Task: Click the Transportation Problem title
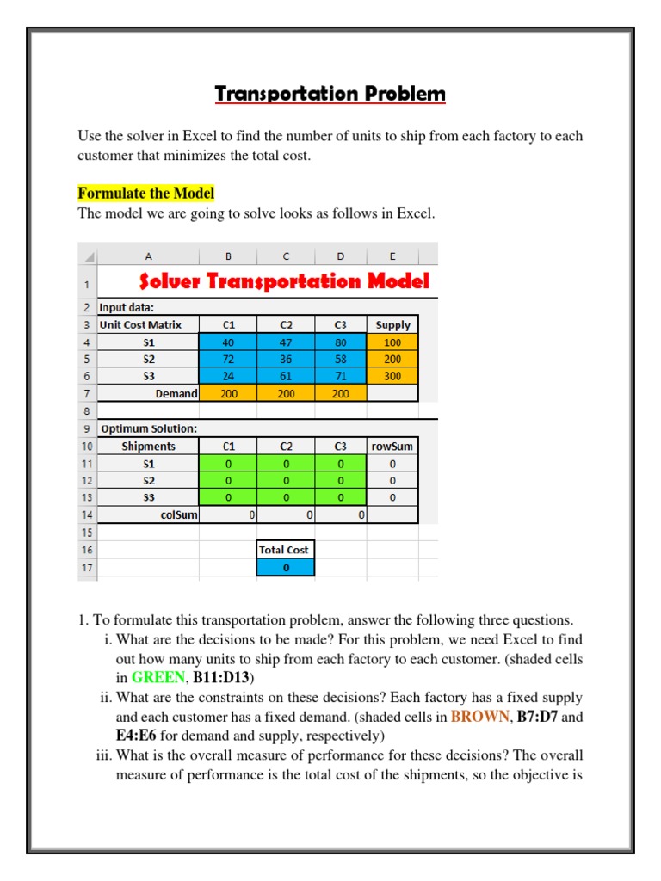(330, 94)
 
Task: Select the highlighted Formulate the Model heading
(145, 193)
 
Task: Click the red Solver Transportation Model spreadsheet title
(284, 281)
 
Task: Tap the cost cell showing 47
(286, 342)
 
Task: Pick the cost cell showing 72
(228, 359)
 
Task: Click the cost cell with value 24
(228, 376)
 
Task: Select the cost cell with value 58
(341, 359)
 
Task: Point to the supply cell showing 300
(393, 376)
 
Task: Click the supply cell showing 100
(393, 342)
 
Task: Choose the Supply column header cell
(393, 325)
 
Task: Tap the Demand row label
(176, 393)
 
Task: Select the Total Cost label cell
(286, 550)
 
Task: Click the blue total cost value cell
(286, 568)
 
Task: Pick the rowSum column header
(392, 447)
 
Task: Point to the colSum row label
(179, 515)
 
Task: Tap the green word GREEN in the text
(158, 678)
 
